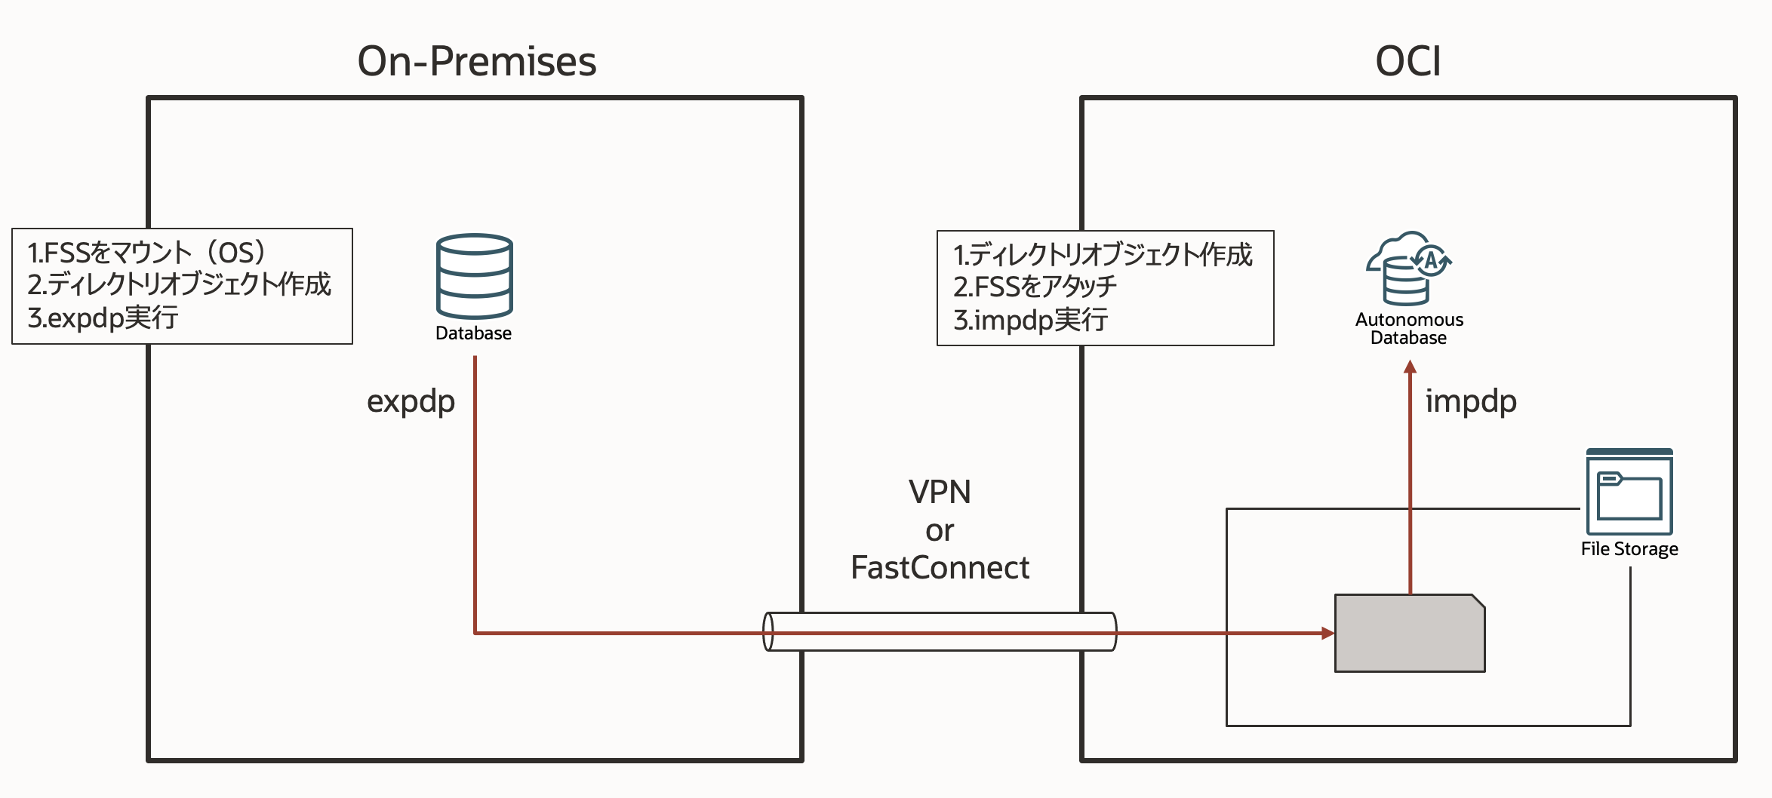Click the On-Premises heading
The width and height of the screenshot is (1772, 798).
476,61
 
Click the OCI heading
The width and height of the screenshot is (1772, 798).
1407,61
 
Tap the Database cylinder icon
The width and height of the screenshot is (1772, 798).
474,276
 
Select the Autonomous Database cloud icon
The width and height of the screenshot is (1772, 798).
1408,268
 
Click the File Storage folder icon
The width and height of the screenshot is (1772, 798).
1629,493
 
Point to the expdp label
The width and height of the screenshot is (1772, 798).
411,401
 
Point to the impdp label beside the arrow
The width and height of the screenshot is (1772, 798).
1470,401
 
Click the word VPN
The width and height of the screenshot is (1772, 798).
940,492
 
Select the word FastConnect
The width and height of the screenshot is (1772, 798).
940,567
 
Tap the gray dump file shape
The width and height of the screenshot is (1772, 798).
1409,634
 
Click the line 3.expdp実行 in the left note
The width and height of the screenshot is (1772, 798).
103,318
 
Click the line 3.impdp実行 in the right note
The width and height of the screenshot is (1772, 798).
1030,320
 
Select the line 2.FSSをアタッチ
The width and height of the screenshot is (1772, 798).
1035,287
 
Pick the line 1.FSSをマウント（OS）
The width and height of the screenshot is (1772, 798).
146,252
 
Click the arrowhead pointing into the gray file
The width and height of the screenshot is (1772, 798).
1327,633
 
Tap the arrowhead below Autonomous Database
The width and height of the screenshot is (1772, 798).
1410,367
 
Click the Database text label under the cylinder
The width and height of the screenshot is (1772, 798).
473,333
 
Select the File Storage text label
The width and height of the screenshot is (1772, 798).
1629,549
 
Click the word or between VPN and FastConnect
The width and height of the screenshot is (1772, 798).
940,530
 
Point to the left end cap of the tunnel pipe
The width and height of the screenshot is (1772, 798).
768,631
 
